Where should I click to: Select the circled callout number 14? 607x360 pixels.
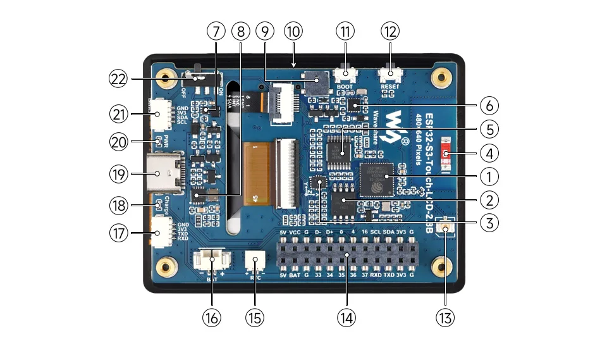click(x=346, y=316)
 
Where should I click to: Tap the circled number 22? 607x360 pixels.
click(x=119, y=79)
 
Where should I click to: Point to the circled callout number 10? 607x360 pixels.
click(x=293, y=31)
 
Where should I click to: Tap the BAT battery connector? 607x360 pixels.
click(x=212, y=261)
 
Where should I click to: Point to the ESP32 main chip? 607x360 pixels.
click(x=377, y=180)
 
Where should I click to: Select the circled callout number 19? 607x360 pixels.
click(x=119, y=173)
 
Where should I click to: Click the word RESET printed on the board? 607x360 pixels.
click(x=389, y=87)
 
